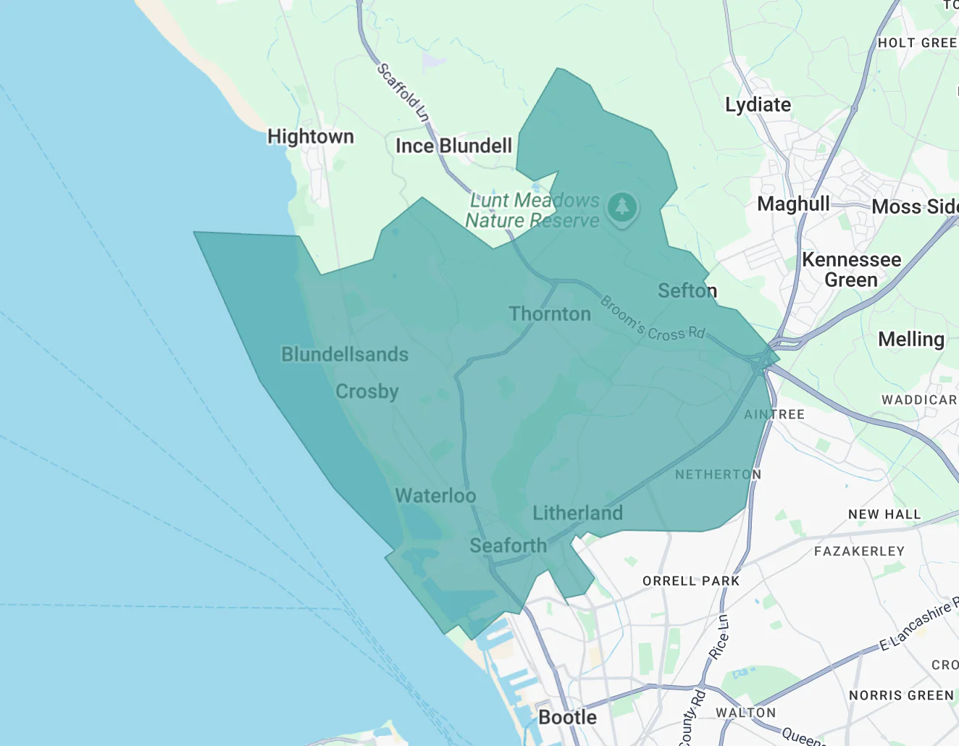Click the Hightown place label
pyautogui.click(x=311, y=137)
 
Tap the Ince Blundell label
pyautogui.click(x=453, y=146)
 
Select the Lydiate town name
pyautogui.click(x=758, y=105)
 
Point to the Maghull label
pyautogui.click(x=793, y=204)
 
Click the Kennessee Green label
pyautogui.click(x=851, y=269)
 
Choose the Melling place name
pyautogui.click(x=910, y=339)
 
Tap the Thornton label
pyautogui.click(x=550, y=314)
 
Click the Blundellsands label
pyautogui.click(x=345, y=354)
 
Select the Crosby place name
pyautogui.click(x=367, y=392)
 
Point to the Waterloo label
pyautogui.click(x=435, y=496)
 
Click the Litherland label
pyautogui.click(x=577, y=514)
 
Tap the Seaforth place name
pyautogui.click(x=508, y=546)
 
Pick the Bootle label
pyautogui.click(x=568, y=717)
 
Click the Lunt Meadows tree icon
pyautogui.click(x=621, y=207)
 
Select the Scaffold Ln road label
pyautogui.click(x=403, y=93)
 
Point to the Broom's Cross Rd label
pyautogui.click(x=653, y=320)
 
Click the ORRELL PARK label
pyautogui.click(x=691, y=581)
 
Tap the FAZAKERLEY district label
pyautogui.click(x=859, y=551)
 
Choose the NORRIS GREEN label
pyautogui.click(x=901, y=695)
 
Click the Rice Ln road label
pyautogui.click(x=719, y=637)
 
